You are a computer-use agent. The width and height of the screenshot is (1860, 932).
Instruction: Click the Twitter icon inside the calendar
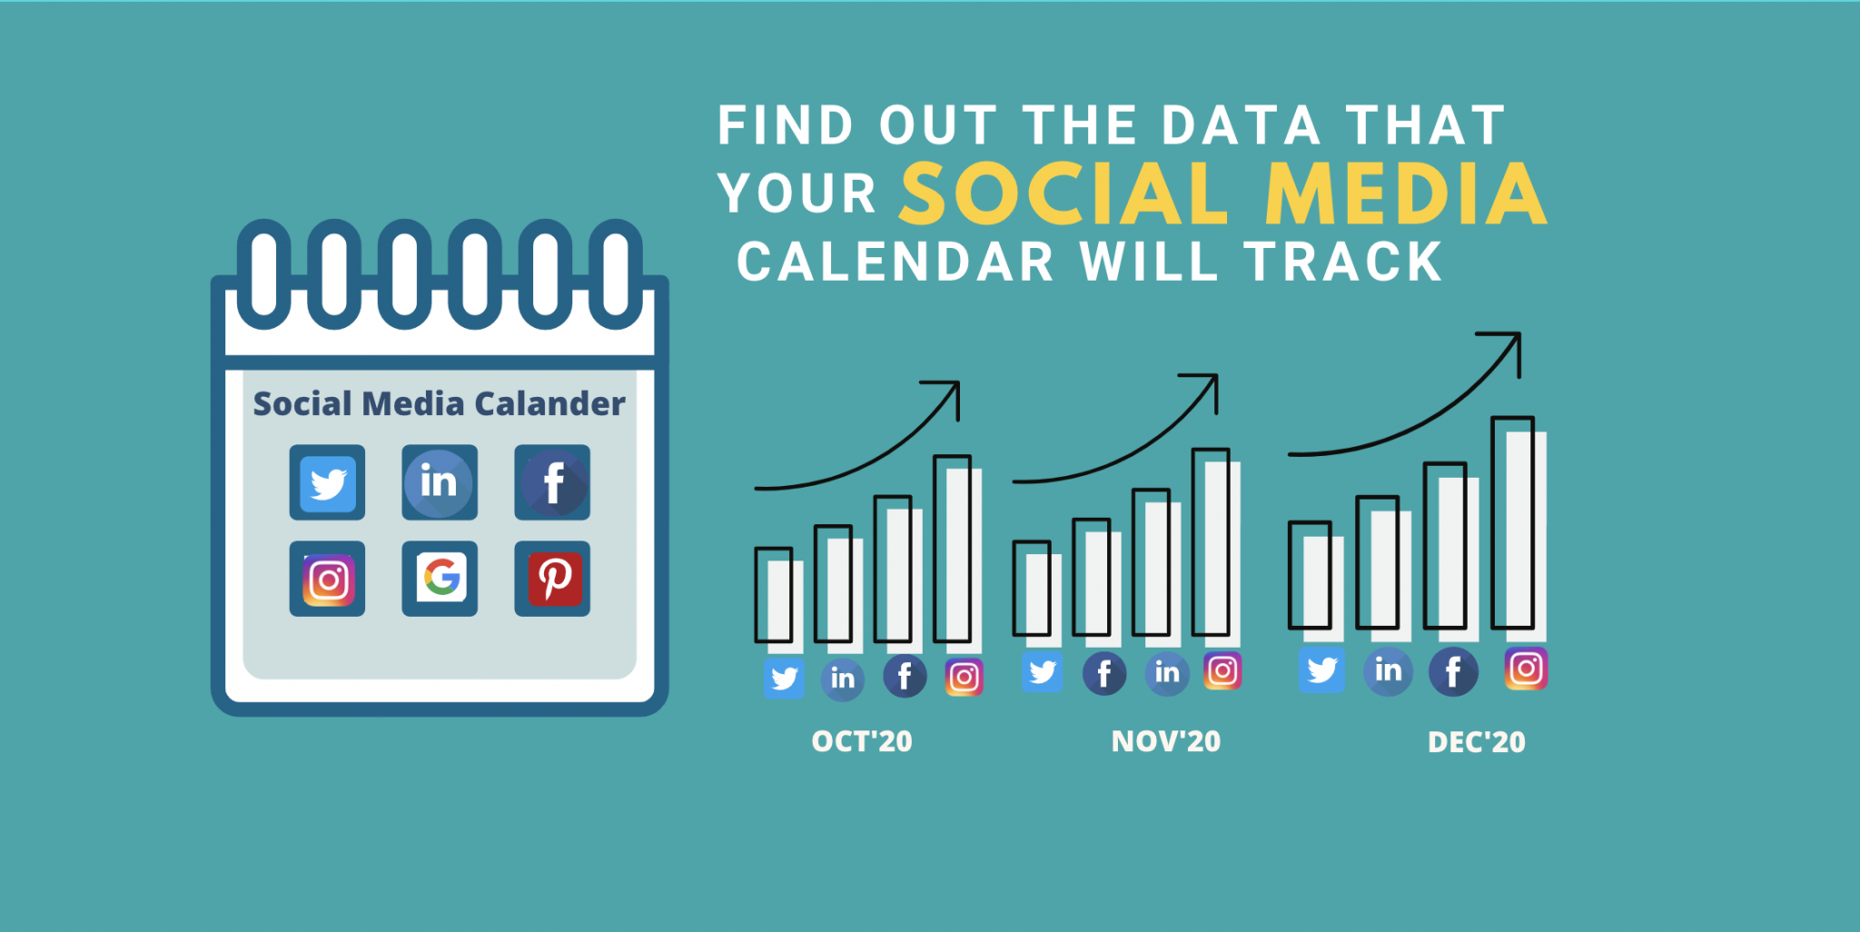pyautogui.click(x=327, y=482)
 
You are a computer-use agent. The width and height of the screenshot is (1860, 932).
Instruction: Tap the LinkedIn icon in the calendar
pyautogui.click(x=440, y=482)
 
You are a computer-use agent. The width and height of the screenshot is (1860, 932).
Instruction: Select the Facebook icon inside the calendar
pyautogui.click(x=552, y=482)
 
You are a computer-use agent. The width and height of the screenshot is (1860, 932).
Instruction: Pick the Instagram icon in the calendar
pyautogui.click(x=327, y=579)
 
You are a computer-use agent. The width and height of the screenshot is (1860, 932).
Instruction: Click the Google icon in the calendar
pyautogui.click(x=440, y=579)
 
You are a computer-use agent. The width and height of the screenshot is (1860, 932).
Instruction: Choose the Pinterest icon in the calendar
pyautogui.click(x=552, y=579)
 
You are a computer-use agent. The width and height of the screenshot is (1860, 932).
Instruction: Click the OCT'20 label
pyautogui.click(x=862, y=741)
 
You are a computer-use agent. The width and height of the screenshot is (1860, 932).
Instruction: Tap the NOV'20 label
pyautogui.click(x=1166, y=741)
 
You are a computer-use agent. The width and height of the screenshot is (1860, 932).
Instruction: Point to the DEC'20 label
pyautogui.click(x=1477, y=742)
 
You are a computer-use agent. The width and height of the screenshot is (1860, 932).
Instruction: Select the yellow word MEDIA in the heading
pyautogui.click(x=1406, y=193)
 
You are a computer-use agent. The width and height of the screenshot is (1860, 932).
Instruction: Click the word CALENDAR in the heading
pyautogui.click(x=895, y=263)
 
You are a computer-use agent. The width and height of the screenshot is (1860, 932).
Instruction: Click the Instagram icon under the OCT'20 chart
pyautogui.click(x=965, y=677)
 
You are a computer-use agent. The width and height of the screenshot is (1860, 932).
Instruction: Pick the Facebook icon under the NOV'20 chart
pyautogui.click(x=1104, y=674)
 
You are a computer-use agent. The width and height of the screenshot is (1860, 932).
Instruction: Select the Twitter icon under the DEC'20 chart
pyautogui.click(x=1321, y=670)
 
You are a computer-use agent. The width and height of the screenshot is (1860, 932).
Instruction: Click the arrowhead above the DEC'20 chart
pyautogui.click(x=1508, y=346)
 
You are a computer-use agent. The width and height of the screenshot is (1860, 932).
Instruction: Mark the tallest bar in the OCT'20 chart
pyautogui.click(x=957, y=554)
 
